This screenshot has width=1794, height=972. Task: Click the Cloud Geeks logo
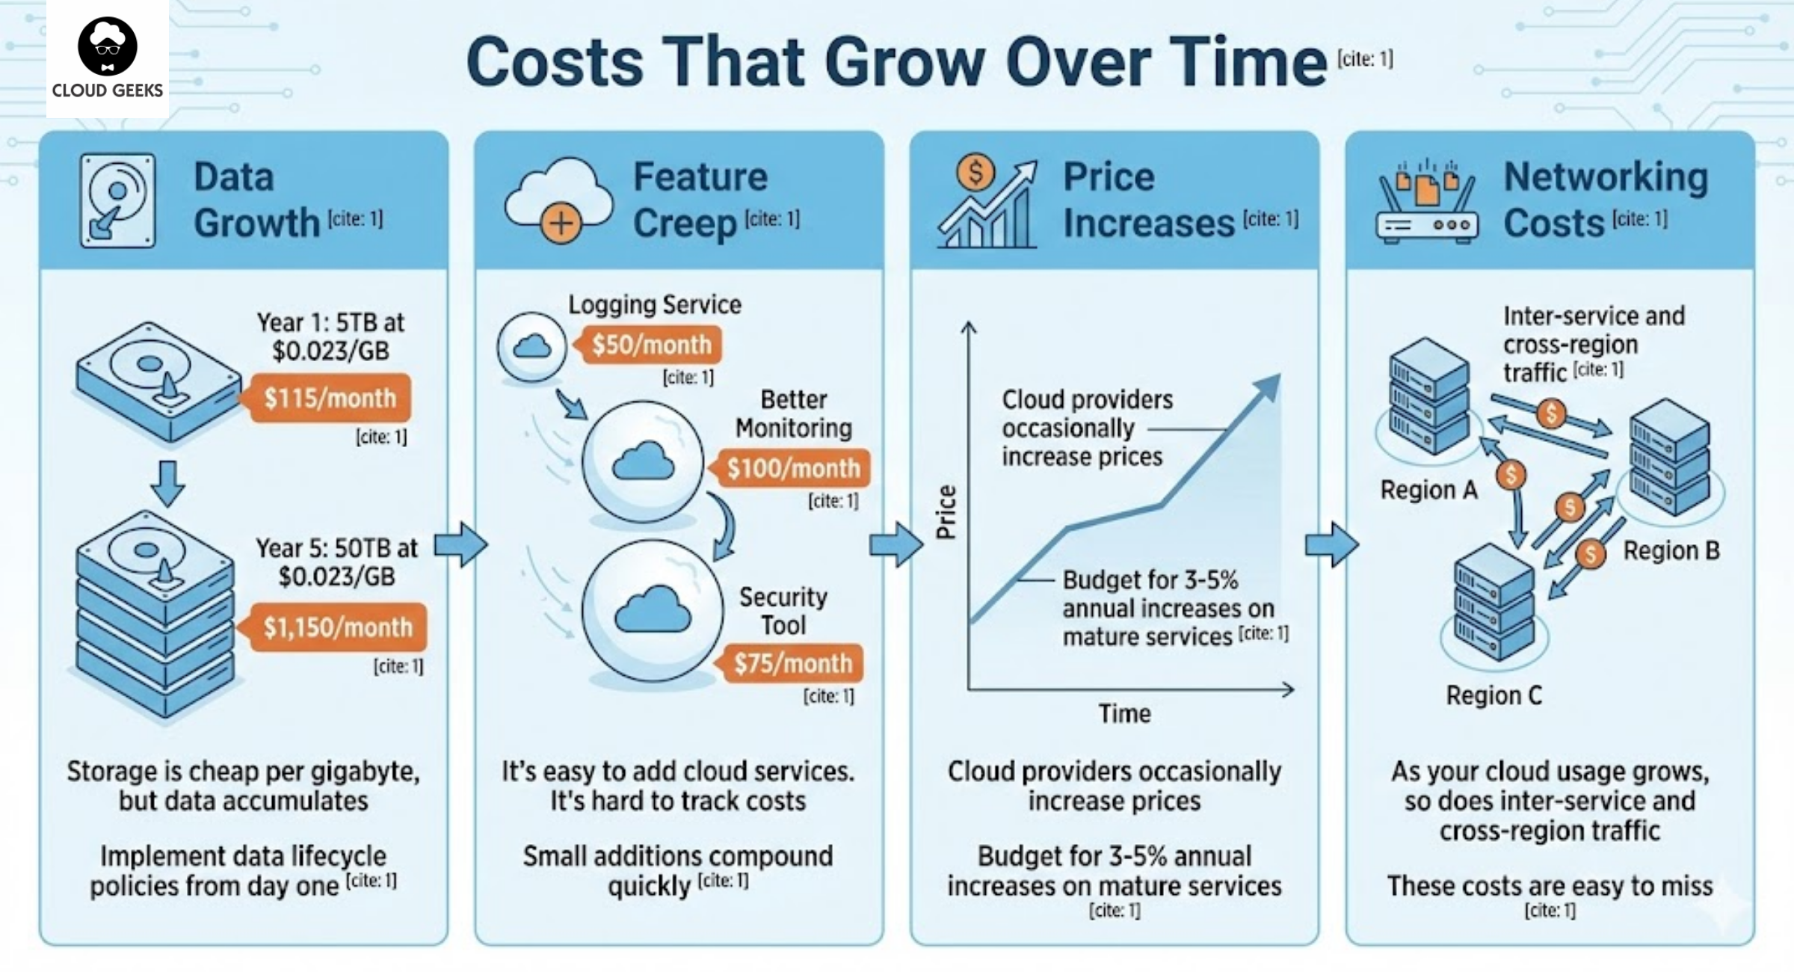point(108,58)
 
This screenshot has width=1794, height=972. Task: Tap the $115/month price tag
point(330,398)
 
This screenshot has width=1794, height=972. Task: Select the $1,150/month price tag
point(337,627)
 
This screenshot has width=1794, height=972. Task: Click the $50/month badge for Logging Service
point(651,345)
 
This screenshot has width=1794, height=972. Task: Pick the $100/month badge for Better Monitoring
point(793,468)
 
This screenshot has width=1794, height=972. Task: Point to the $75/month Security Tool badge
point(792,663)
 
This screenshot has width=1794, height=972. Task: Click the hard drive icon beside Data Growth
point(118,200)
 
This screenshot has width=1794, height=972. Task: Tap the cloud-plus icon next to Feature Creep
point(558,200)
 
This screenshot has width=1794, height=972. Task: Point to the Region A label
point(1428,490)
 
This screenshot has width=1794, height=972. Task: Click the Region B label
point(1671,551)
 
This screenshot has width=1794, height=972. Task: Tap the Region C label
point(1494,695)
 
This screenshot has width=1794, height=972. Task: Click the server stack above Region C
point(1494,603)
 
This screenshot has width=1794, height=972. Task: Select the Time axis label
point(1124,713)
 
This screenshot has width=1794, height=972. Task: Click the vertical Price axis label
point(946,512)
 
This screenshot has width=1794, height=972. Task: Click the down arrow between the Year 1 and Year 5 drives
point(167,483)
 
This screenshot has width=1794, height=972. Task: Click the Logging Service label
point(655,305)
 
